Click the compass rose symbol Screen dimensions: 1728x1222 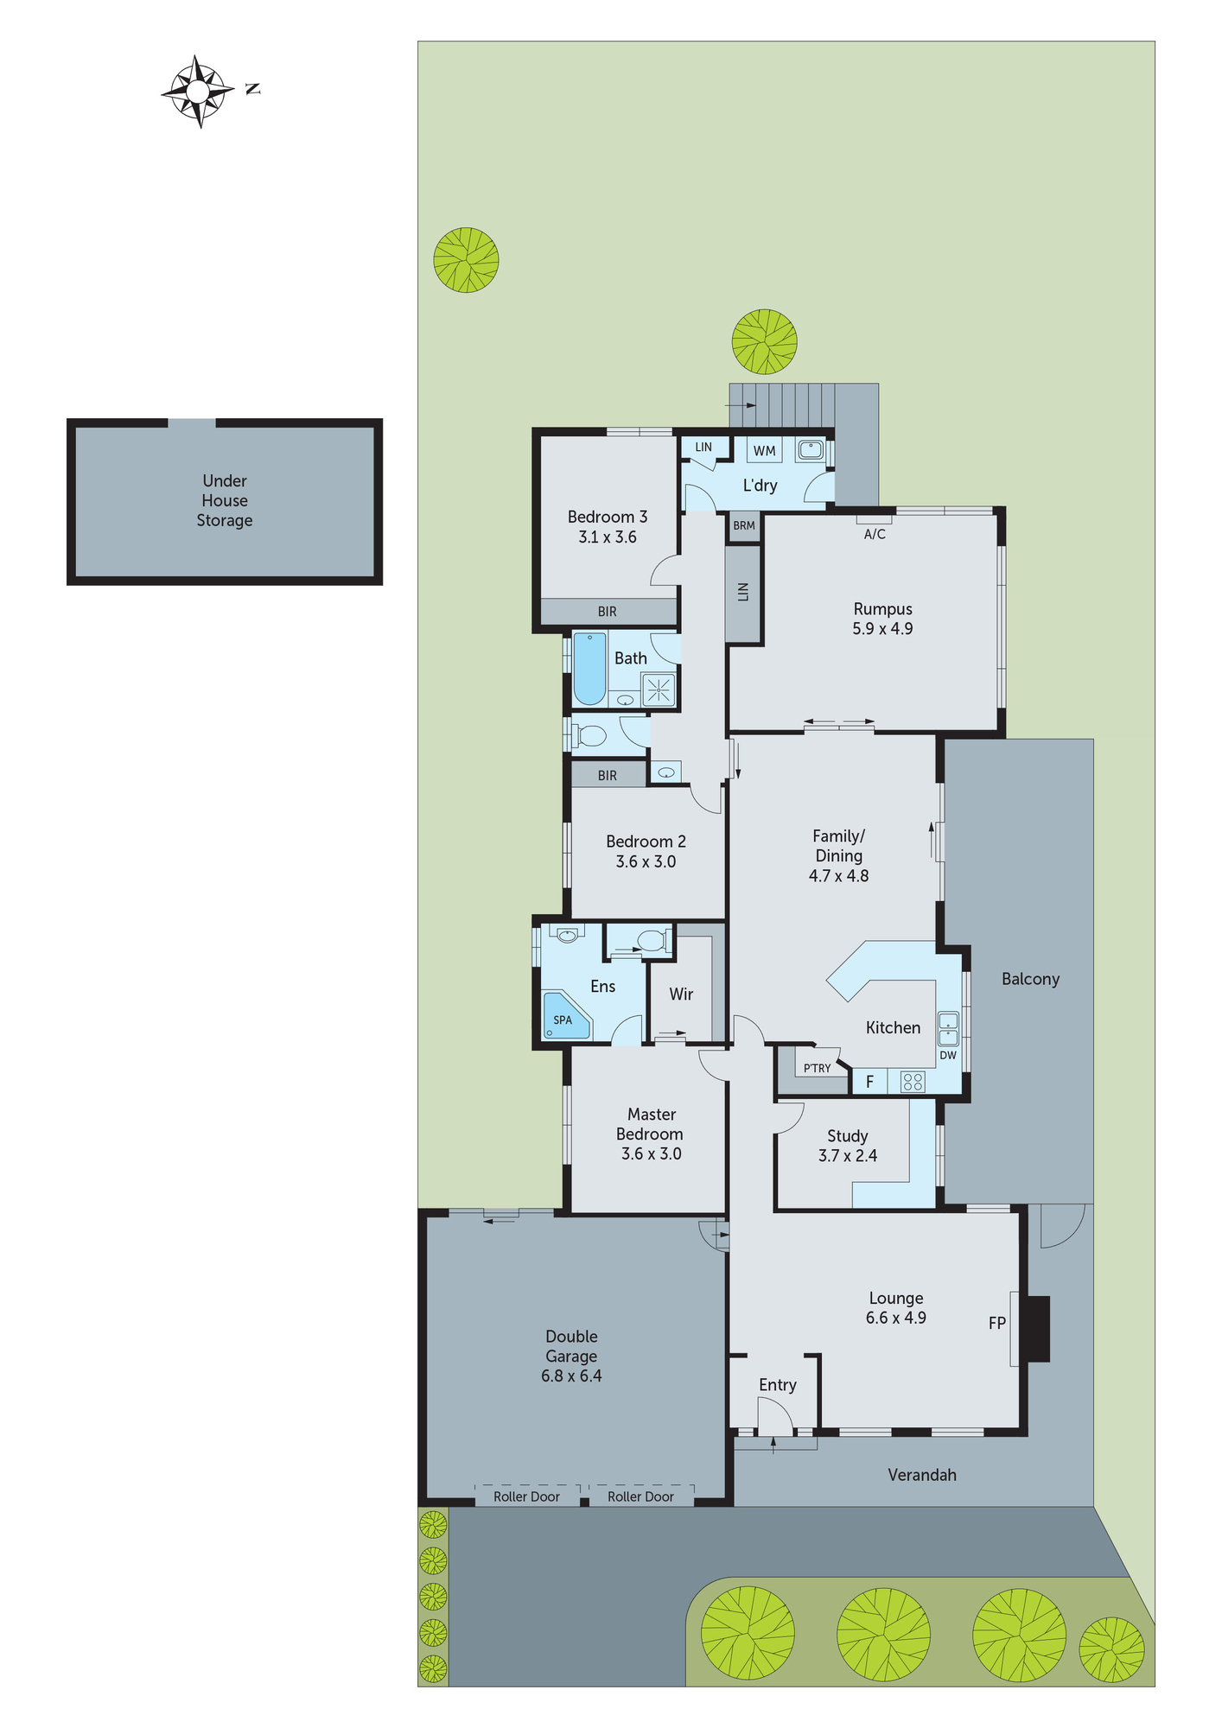[198, 91]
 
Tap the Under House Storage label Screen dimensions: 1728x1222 [225, 500]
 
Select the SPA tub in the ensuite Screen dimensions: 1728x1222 [565, 1017]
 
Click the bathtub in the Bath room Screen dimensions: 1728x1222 [590, 669]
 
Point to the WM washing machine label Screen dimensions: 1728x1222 [764, 451]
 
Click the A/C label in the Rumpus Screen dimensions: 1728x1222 [875, 535]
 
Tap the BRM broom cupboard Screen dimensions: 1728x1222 [744, 525]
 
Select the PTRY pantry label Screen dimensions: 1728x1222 [817, 1069]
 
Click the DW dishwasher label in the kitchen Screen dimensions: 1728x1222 [948, 1055]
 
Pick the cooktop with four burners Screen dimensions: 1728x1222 [913, 1082]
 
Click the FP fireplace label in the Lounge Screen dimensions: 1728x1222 [996, 1323]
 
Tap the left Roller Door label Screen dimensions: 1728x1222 [526, 1496]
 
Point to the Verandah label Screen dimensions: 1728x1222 [922, 1475]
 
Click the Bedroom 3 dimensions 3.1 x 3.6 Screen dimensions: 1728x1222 [608, 537]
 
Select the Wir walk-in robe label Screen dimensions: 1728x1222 [681, 994]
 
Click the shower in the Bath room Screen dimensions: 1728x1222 [659, 690]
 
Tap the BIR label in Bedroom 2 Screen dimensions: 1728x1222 [608, 776]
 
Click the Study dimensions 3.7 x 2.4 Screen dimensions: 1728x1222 [848, 1156]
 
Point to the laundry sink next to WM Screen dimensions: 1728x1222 [811, 449]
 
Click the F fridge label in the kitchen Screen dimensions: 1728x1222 [869, 1082]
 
